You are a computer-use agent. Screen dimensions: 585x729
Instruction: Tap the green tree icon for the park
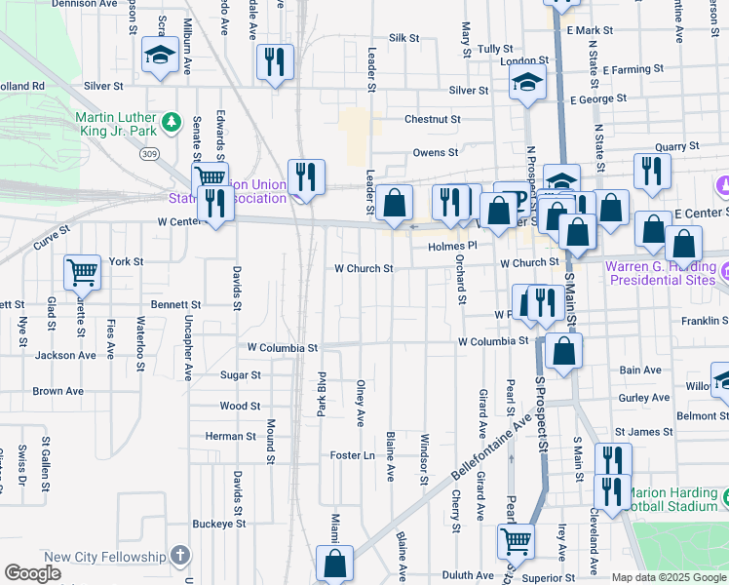pyautogui.click(x=173, y=122)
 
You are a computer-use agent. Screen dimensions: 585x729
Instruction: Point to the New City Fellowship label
pyautogui.click(x=105, y=557)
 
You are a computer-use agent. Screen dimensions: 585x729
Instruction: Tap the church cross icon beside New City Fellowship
pyautogui.click(x=178, y=556)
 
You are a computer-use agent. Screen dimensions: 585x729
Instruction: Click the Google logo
pyautogui.click(x=32, y=573)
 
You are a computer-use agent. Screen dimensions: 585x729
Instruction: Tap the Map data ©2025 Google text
pyautogui.click(x=669, y=577)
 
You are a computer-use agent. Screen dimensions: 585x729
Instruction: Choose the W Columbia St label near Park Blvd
pyautogui.click(x=283, y=347)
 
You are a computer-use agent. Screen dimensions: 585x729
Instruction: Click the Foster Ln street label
pyautogui.click(x=352, y=455)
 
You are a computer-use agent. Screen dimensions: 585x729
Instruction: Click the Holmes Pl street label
pyautogui.click(x=450, y=247)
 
